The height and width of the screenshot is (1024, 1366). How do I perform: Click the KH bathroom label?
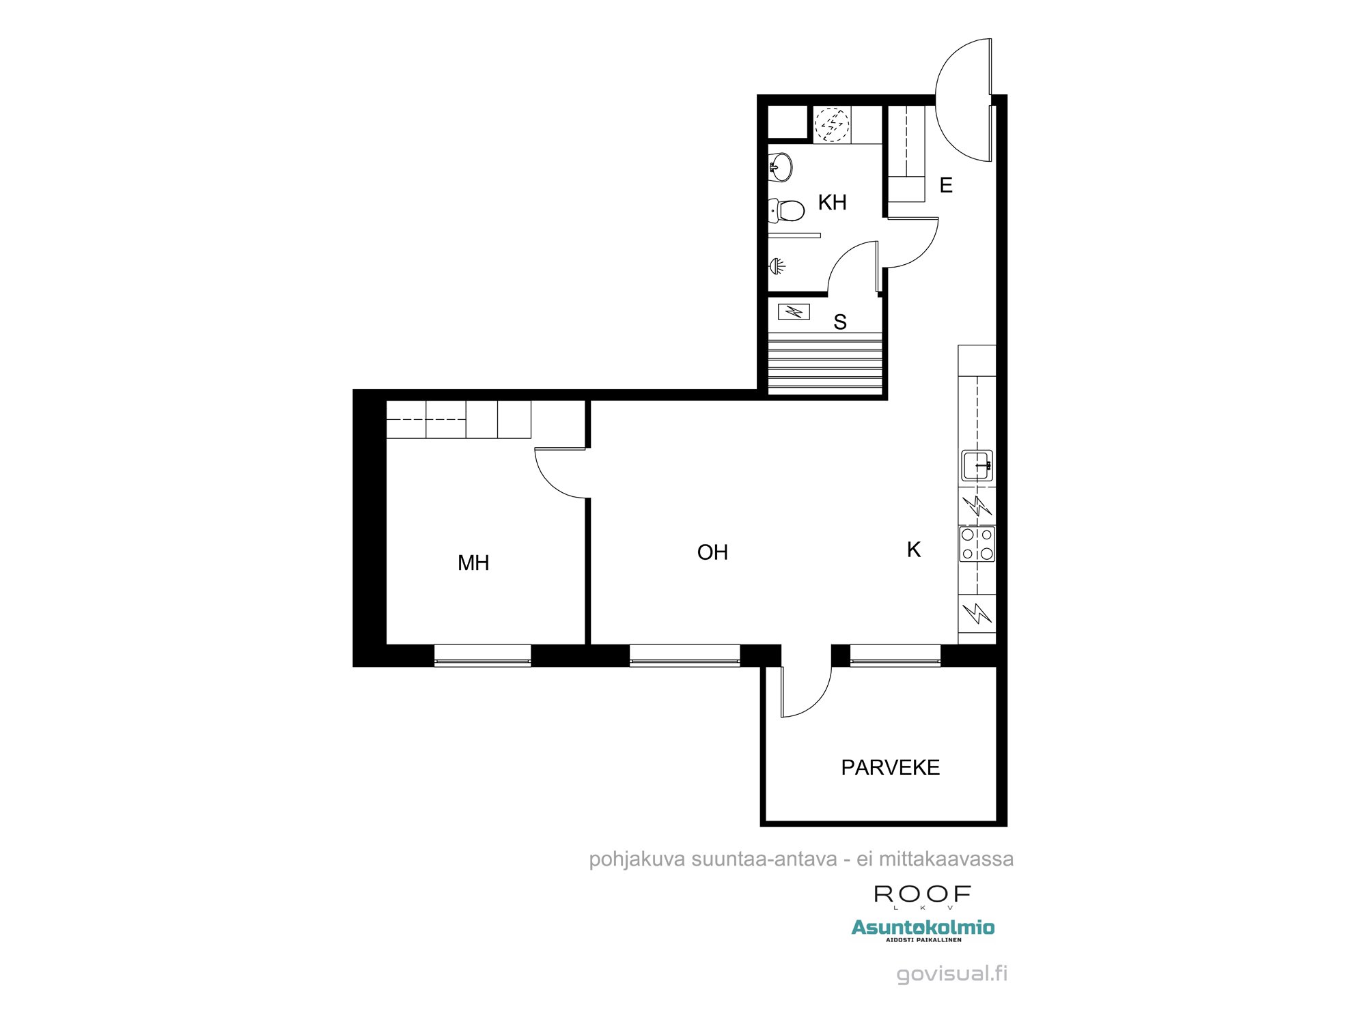coord(832,202)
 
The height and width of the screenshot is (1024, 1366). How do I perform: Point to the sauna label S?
coord(840,322)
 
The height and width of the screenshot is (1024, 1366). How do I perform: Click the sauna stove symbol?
coord(794,312)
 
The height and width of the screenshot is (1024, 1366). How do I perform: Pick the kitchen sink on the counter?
coord(977,466)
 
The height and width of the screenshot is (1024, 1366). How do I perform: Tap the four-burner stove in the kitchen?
coord(977,544)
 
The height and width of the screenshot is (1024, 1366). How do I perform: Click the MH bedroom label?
coord(473,563)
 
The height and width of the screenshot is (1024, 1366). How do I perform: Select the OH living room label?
coord(712,552)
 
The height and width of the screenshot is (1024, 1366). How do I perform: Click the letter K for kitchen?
coord(914,550)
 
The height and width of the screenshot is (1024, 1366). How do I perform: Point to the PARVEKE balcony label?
coord(891,767)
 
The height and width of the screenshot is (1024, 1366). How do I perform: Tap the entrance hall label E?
coord(946,185)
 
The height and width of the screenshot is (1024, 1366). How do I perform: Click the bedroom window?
coord(483,655)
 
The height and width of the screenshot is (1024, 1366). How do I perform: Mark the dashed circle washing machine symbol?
coord(832,124)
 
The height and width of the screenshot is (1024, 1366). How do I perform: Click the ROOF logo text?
coord(923,894)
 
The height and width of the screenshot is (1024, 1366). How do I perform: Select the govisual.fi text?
coord(952,973)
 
